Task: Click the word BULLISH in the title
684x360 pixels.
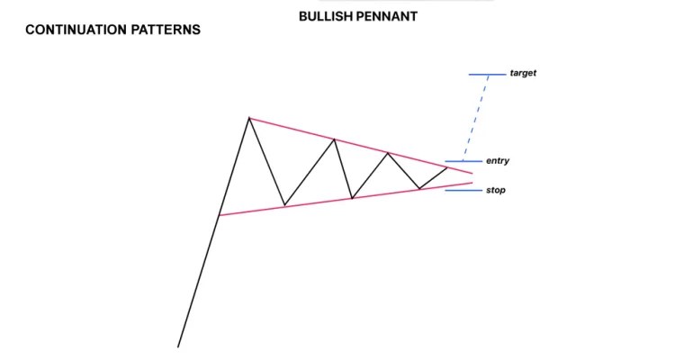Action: click(x=325, y=16)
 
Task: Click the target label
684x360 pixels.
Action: click(x=522, y=73)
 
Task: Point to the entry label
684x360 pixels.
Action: click(x=497, y=161)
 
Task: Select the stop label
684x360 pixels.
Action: click(x=495, y=190)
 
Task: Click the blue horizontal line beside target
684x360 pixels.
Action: click(x=486, y=74)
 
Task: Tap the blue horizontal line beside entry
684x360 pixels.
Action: click(x=463, y=161)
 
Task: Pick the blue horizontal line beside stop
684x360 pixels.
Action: click(x=463, y=190)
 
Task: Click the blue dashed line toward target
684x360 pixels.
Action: click(x=477, y=117)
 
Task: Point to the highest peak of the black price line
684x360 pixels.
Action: click(x=249, y=118)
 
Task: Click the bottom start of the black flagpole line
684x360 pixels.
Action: click(x=178, y=346)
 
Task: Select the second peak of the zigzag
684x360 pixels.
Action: click(x=335, y=139)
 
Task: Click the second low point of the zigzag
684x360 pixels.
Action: click(x=352, y=198)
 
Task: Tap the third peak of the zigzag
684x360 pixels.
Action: click(x=388, y=153)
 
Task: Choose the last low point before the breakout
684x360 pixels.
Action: click(x=418, y=189)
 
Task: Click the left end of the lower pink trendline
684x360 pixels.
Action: click(x=220, y=215)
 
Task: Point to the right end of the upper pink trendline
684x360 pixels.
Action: click(x=471, y=172)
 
